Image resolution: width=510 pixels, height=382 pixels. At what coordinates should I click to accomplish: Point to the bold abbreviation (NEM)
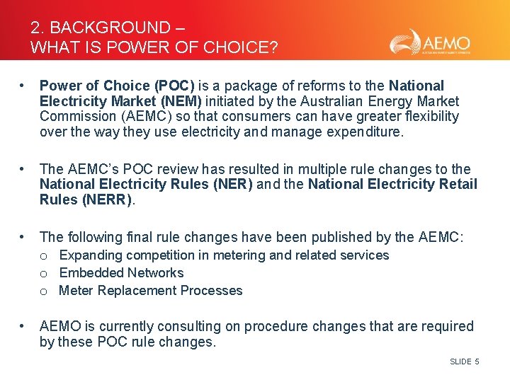(x=177, y=101)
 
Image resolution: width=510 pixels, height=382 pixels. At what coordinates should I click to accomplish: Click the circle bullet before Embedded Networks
(x=44, y=274)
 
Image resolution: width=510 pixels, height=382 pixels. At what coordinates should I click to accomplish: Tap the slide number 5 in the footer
(x=477, y=362)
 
